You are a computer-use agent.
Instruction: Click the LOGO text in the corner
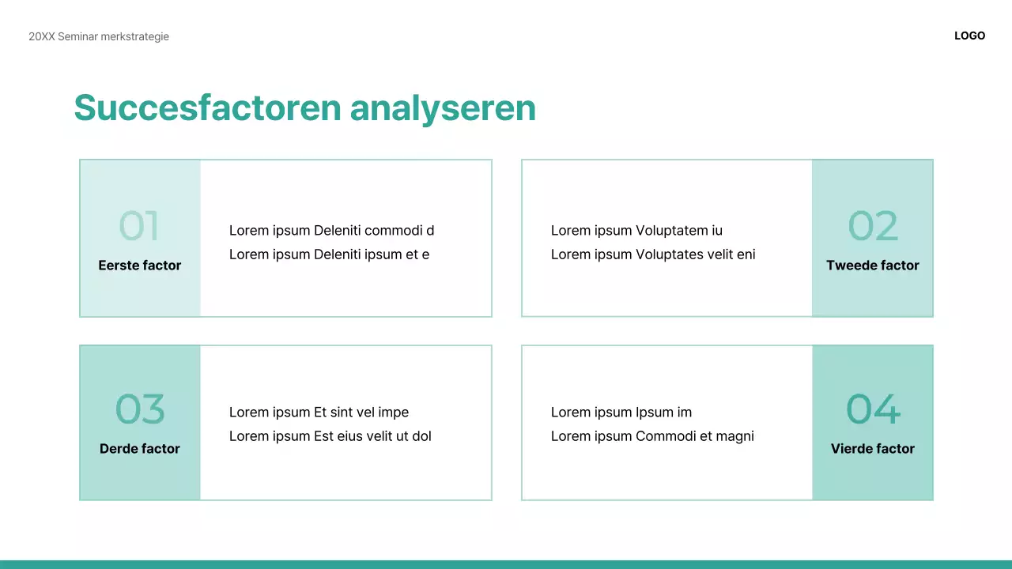[x=969, y=36]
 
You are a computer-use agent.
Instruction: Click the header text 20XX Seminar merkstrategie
[x=99, y=36]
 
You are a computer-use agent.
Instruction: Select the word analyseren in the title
[x=443, y=107]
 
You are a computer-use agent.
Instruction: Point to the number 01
[x=139, y=226]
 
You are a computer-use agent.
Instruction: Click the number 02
[x=873, y=226]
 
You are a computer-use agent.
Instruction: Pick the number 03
[x=140, y=409]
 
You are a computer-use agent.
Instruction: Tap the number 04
[x=873, y=409]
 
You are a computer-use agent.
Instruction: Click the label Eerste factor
[x=140, y=266]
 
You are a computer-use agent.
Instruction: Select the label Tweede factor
[x=873, y=266]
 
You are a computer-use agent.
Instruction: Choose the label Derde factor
[x=140, y=449]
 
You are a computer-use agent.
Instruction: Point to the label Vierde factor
[x=873, y=449]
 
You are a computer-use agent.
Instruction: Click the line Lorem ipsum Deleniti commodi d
[x=331, y=231]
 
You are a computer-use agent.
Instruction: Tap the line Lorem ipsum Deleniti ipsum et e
[x=329, y=254]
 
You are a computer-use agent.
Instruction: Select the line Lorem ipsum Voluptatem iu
[x=636, y=231]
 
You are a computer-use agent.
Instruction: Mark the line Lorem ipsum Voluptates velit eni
[x=653, y=254]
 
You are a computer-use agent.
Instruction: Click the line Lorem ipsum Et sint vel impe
[x=319, y=413]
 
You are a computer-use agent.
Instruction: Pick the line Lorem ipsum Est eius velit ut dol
[x=330, y=436]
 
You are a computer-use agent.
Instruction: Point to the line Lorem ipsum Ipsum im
[x=621, y=413]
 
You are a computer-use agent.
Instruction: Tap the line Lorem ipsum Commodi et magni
[x=652, y=436]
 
